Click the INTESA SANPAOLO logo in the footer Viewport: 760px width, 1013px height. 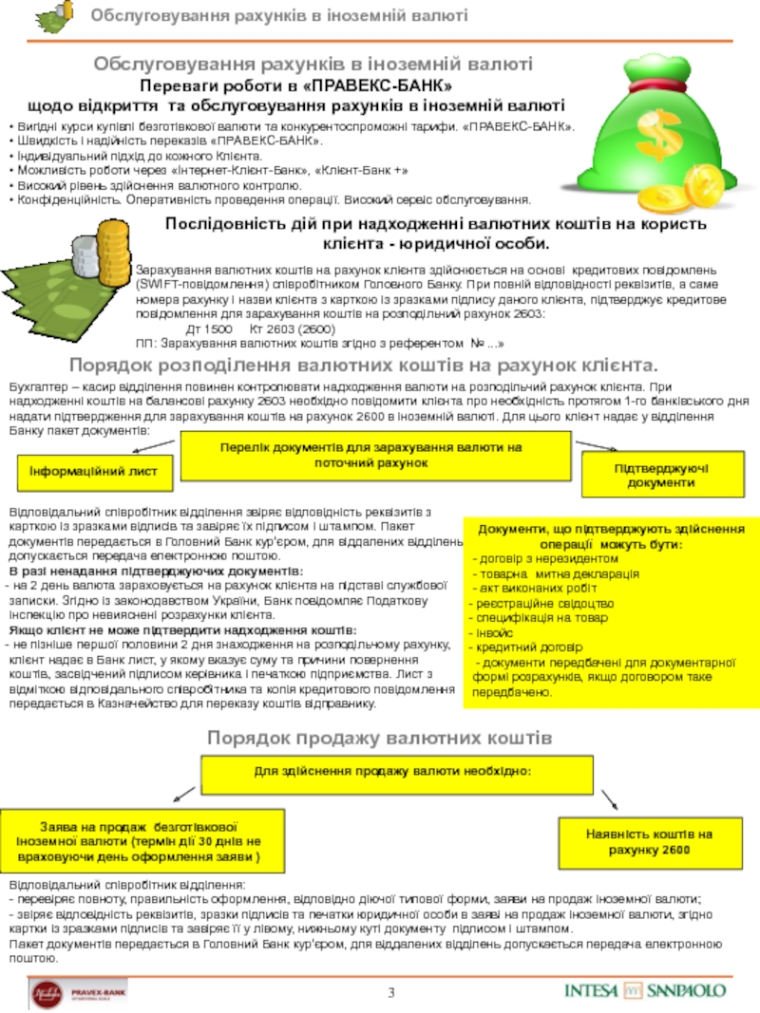(x=645, y=990)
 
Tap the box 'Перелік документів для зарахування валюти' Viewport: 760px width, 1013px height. (x=377, y=455)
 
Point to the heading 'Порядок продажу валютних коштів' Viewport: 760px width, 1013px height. (x=379, y=738)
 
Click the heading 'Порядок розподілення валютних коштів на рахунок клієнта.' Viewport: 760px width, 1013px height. (x=364, y=366)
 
